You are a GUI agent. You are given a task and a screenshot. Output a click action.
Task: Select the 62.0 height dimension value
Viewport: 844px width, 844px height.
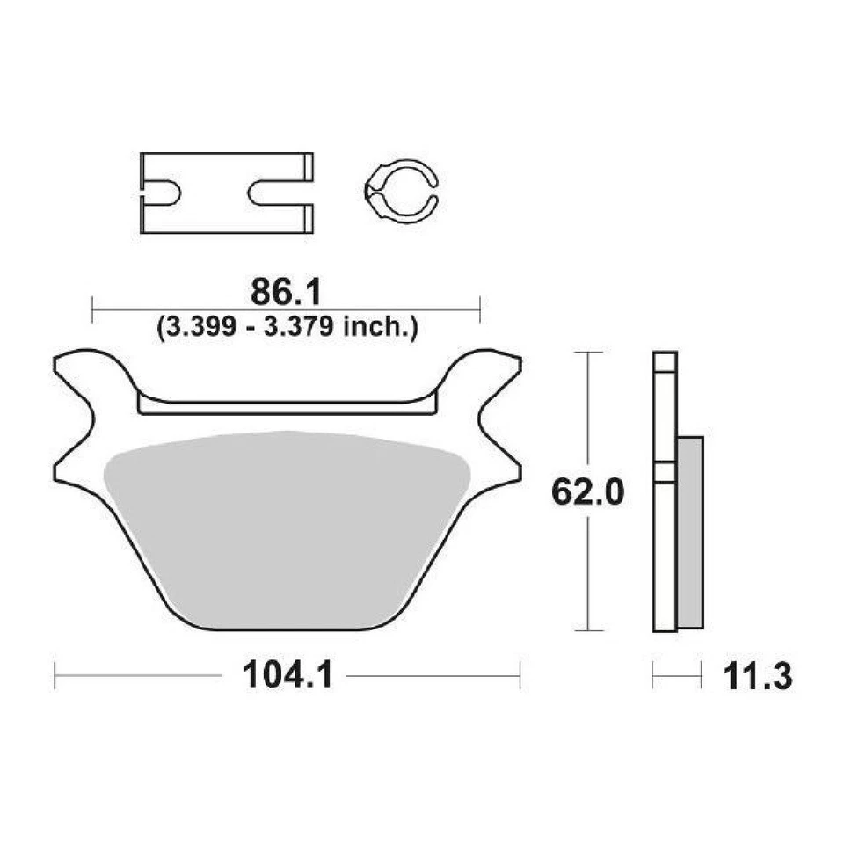click(x=587, y=492)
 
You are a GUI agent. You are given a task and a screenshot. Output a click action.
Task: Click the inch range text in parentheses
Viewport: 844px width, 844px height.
click(x=286, y=328)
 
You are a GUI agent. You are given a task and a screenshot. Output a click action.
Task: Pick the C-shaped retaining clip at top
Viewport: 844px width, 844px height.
click(x=401, y=189)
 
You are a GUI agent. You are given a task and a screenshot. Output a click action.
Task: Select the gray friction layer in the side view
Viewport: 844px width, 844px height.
click(x=691, y=532)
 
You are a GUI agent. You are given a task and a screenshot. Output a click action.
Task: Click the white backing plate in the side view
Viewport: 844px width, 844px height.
click(x=665, y=545)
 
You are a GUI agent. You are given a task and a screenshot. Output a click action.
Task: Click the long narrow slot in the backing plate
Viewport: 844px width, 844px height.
click(x=287, y=404)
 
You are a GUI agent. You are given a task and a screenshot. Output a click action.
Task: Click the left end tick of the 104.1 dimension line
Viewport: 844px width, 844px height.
click(x=55, y=676)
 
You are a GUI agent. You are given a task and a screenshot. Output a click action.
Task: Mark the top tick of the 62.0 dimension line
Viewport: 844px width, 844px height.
click(x=588, y=353)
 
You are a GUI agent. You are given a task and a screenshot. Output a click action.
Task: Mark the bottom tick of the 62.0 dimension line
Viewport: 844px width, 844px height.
click(x=588, y=630)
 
